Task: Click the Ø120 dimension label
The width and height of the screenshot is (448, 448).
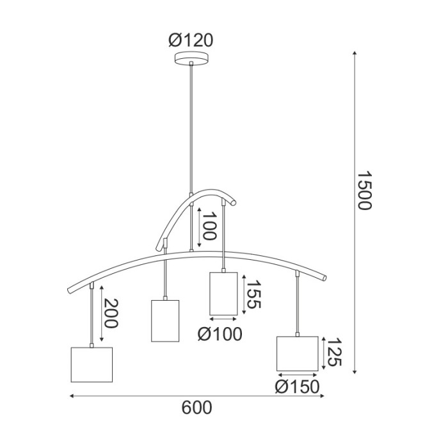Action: pos(191,41)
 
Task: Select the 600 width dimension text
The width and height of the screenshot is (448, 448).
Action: pos(196,408)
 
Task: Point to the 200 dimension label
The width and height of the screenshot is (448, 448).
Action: pos(111,314)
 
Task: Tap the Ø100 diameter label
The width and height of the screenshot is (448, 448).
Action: pos(220,333)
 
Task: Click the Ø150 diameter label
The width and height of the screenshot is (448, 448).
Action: pos(297,387)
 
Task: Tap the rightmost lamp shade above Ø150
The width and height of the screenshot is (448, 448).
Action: pos(297,353)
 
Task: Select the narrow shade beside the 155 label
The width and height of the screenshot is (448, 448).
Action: pos(223,293)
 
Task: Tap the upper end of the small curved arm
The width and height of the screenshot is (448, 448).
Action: pos(234,204)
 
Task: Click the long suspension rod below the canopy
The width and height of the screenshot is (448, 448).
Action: pos(191,128)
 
